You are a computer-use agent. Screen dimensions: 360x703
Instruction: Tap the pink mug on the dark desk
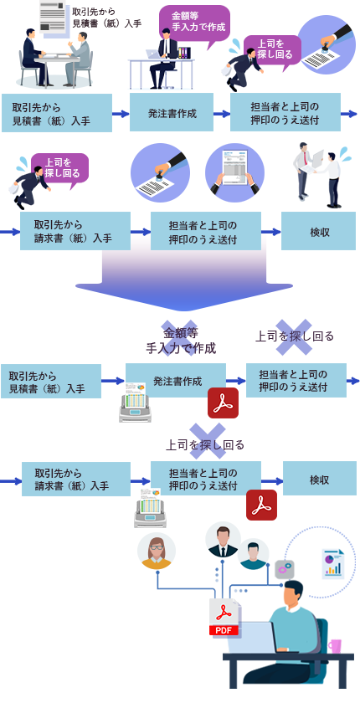[x=334, y=645]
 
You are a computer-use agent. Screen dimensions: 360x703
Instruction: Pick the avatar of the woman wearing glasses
[x=157, y=551]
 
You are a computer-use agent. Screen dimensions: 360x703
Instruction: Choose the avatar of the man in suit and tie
[x=223, y=539]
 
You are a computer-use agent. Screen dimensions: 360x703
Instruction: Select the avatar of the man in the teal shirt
[x=254, y=554]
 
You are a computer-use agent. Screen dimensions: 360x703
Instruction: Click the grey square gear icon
[x=285, y=569]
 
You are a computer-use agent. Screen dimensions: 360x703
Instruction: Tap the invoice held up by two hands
[x=235, y=167]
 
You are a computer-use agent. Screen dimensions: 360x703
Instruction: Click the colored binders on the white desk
[x=184, y=53]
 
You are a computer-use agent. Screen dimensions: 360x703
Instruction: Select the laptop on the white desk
[x=153, y=54]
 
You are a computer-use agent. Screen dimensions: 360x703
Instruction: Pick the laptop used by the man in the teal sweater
[x=252, y=638]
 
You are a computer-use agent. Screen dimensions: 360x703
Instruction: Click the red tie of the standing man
[x=305, y=157]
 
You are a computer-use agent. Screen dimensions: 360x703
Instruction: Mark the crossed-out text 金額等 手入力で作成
[x=181, y=341]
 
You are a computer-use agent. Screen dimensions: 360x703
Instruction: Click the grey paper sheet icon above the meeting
[x=53, y=16]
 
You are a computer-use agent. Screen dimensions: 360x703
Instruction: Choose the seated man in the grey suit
[x=79, y=59]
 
